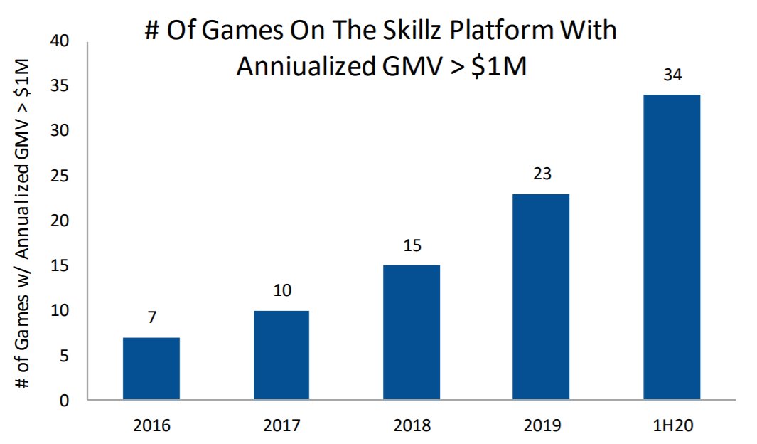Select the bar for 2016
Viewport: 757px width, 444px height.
pyautogui.click(x=151, y=369)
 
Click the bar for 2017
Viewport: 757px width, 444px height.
pyautogui.click(x=281, y=355)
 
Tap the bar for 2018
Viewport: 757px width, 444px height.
pyautogui.click(x=412, y=332)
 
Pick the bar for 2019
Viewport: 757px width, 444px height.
pyautogui.click(x=541, y=297)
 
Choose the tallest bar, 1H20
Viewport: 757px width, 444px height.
pyautogui.click(x=672, y=247)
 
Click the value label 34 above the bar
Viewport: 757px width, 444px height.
pyautogui.click(x=672, y=74)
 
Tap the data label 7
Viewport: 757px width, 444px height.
pyautogui.click(x=151, y=317)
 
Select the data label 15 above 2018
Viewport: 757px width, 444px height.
pyautogui.click(x=412, y=245)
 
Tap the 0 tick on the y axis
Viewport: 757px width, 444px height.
pyautogui.click(x=64, y=401)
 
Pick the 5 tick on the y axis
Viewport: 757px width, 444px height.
pyautogui.click(x=64, y=356)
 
